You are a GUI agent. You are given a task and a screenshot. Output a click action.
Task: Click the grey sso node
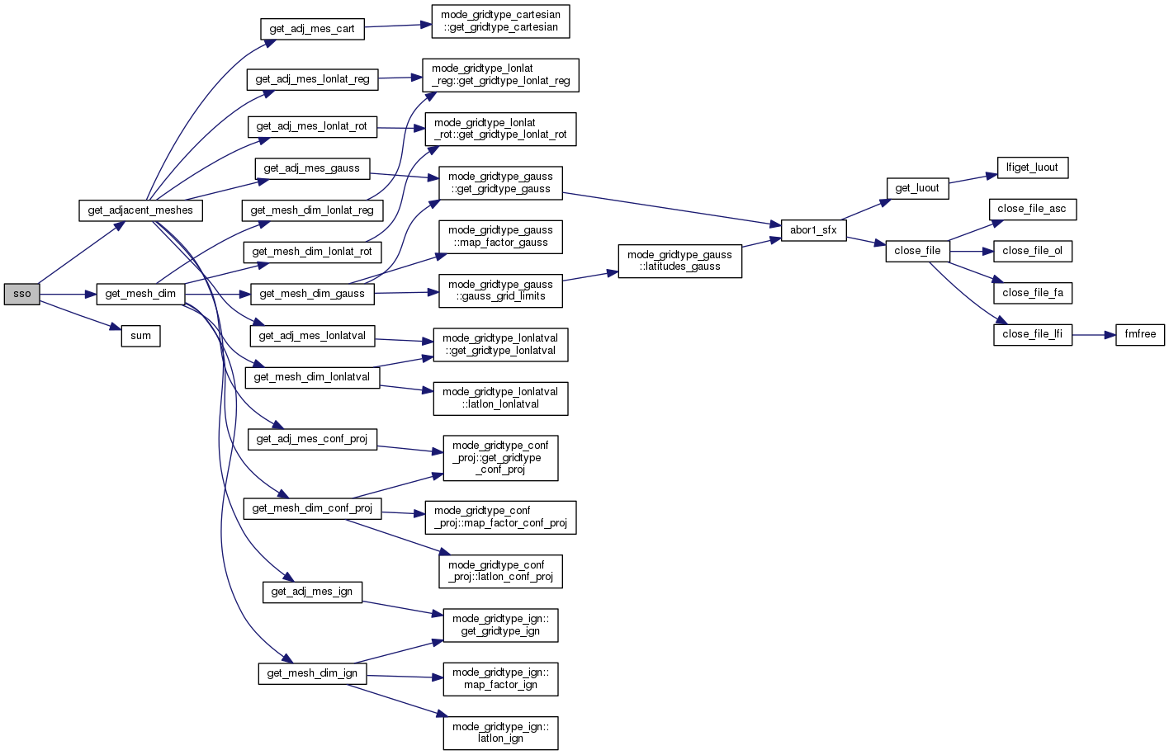click(22, 294)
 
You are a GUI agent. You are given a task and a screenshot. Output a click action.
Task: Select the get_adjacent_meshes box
click(140, 210)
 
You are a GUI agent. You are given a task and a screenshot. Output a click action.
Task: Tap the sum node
click(141, 336)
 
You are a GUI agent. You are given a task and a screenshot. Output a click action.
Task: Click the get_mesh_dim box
click(140, 294)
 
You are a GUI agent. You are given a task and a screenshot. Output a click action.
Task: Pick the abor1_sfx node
click(813, 230)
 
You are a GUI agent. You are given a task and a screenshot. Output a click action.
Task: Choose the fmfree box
click(1140, 334)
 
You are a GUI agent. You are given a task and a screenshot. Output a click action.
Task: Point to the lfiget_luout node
click(1032, 168)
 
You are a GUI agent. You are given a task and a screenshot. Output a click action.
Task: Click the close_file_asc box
click(1032, 209)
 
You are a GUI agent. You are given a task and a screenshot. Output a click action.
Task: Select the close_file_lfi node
click(1032, 334)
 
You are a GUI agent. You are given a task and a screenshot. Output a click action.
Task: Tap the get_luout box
click(917, 188)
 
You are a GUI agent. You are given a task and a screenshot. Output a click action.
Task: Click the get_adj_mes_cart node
click(312, 29)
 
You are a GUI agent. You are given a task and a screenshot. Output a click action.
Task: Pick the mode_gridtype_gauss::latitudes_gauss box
click(679, 261)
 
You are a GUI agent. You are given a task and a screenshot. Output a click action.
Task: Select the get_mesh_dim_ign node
click(312, 673)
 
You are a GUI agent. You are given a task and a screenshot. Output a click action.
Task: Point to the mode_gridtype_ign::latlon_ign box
click(500, 733)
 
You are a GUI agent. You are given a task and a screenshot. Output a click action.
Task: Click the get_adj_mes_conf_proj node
click(312, 439)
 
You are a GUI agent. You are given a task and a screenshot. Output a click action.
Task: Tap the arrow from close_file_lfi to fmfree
click(1094, 335)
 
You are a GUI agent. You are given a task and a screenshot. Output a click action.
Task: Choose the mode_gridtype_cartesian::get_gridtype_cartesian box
click(500, 21)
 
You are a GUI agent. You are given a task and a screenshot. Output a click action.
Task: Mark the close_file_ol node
click(1032, 251)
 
